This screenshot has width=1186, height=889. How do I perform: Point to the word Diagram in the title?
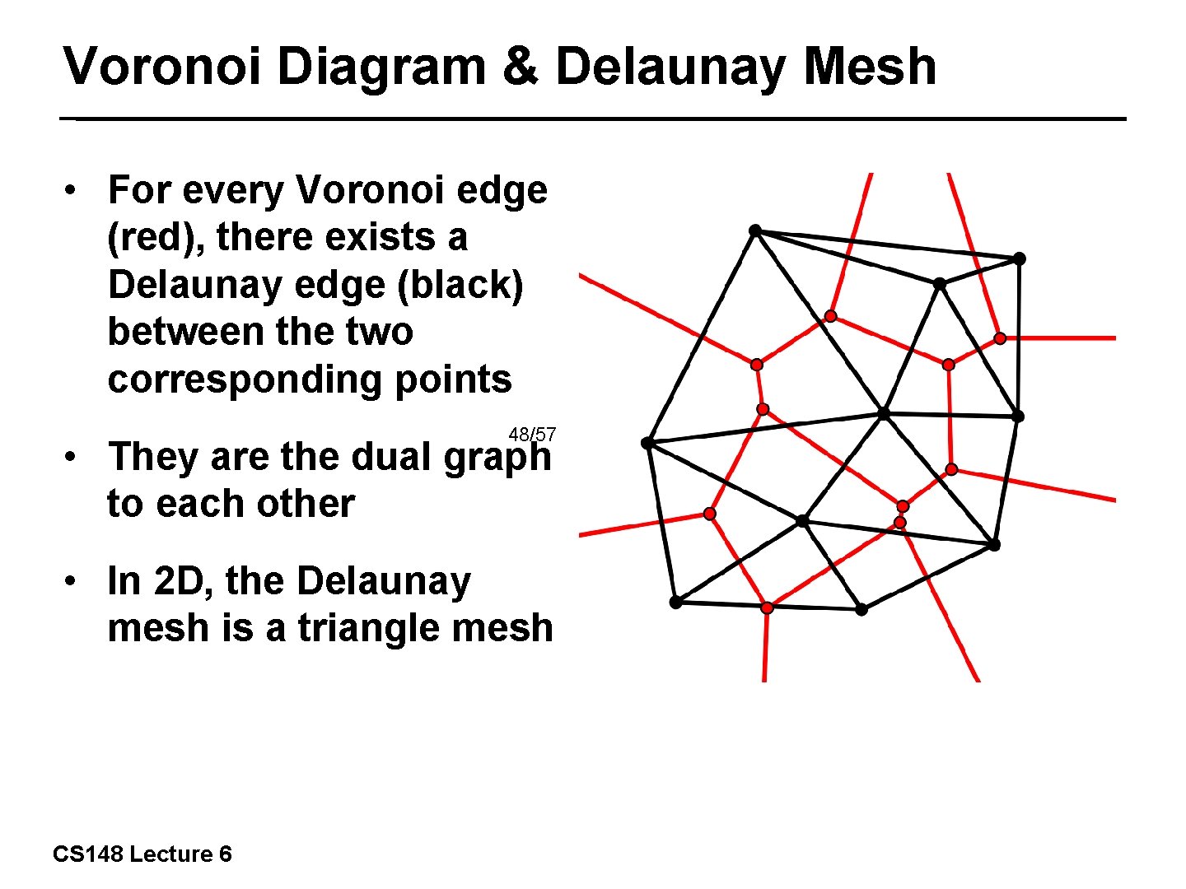[381, 67]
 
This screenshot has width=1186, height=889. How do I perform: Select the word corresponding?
[244, 379]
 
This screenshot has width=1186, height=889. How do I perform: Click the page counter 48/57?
[532, 434]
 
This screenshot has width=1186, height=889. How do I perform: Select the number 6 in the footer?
[225, 854]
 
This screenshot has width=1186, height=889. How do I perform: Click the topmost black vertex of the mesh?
[755, 230]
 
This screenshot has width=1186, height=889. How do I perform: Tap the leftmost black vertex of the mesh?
[647, 443]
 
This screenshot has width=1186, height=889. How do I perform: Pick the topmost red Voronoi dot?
[831, 316]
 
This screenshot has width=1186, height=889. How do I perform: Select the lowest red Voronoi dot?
[767, 607]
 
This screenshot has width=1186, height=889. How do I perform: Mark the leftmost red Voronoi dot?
[709, 514]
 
